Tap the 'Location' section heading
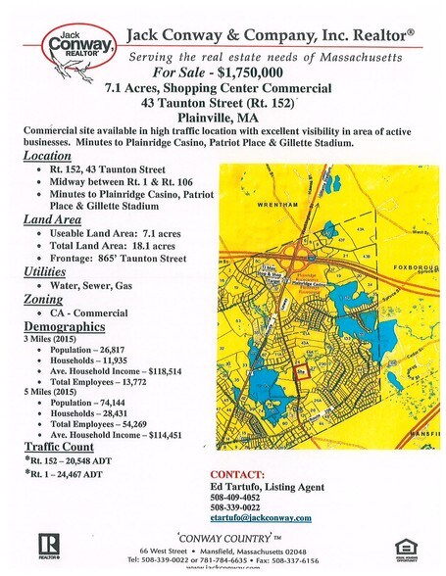pyautogui.click(x=47, y=156)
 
